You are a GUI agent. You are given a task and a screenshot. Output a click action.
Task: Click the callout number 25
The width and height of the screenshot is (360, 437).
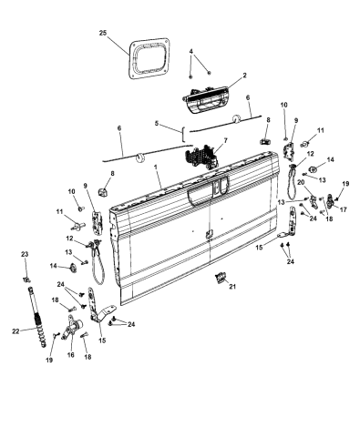click(x=103, y=33)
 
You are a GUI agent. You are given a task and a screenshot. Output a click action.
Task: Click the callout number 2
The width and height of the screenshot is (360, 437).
click(x=244, y=76)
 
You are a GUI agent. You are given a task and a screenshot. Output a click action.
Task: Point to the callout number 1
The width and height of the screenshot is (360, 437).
click(x=157, y=168)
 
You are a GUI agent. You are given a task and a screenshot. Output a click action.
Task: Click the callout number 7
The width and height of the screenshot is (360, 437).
click(x=225, y=140)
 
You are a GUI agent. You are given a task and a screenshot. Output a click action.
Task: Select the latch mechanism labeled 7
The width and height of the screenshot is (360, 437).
click(x=201, y=157)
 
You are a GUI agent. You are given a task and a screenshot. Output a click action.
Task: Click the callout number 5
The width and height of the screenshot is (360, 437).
click(x=157, y=123)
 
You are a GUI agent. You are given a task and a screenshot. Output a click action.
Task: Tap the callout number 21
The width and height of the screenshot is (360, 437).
click(x=232, y=286)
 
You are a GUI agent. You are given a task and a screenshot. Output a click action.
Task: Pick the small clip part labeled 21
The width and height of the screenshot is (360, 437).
click(x=221, y=278)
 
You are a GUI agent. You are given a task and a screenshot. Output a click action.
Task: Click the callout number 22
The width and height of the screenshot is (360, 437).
click(x=15, y=331)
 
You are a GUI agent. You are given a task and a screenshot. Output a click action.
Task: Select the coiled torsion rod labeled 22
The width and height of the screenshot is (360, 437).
click(x=37, y=317)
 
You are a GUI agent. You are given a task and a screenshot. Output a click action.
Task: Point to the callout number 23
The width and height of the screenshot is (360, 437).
click(x=25, y=254)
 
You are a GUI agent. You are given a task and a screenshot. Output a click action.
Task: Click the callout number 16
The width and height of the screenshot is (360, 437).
click(x=71, y=355)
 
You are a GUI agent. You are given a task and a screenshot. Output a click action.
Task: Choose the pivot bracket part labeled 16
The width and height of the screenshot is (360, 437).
click(x=73, y=327)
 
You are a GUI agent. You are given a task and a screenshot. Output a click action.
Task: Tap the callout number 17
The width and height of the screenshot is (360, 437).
click(x=344, y=209)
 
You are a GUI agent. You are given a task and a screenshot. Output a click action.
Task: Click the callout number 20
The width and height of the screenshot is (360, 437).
click(x=301, y=182)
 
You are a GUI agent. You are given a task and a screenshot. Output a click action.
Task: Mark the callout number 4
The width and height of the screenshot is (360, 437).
click(x=190, y=52)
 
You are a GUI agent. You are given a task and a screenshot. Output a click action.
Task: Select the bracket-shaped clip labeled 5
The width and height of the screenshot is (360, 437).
click(x=183, y=134)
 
